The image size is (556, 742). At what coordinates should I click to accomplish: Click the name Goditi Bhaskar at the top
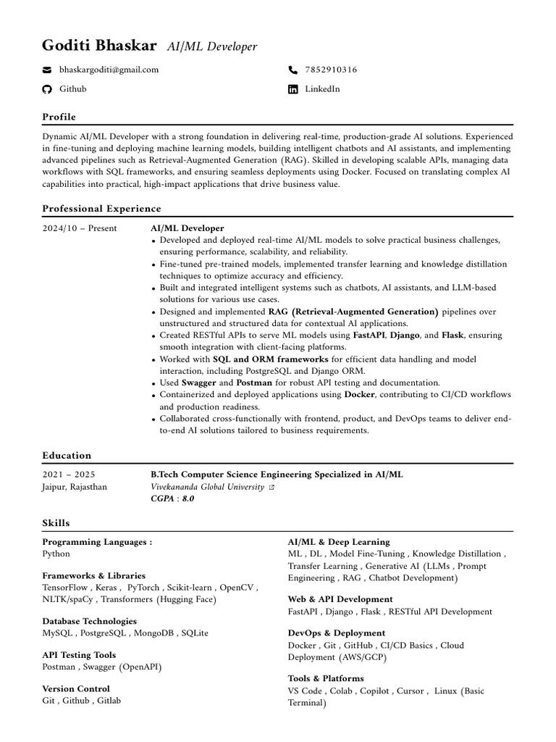click(x=99, y=46)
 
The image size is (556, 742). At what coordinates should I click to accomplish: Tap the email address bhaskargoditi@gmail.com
click(x=109, y=70)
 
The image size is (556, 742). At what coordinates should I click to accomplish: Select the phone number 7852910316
click(x=331, y=70)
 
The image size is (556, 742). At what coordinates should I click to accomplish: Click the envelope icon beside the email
click(x=47, y=70)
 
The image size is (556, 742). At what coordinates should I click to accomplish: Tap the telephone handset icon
click(x=292, y=70)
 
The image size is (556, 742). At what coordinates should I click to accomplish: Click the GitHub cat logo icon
click(x=47, y=89)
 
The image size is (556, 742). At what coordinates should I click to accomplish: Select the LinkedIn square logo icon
click(x=292, y=89)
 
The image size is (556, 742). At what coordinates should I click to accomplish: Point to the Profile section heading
click(x=59, y=117)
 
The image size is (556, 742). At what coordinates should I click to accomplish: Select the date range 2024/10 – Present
click(x=80, y=228)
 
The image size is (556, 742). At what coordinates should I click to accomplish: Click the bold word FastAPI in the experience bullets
click(x=369, y=335)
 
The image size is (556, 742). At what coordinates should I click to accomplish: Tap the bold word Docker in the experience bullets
click(x=359, y=394)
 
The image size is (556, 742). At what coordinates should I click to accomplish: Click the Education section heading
click(x=67, y=455)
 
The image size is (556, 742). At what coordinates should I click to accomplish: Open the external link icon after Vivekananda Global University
click(x=271, y=488)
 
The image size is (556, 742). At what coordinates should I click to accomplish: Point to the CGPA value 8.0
click(x=188, y=499)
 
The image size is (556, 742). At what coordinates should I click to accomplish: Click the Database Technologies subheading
click(x=89, y=621)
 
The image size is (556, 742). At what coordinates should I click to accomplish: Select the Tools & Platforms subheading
click(x=326, y=678)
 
